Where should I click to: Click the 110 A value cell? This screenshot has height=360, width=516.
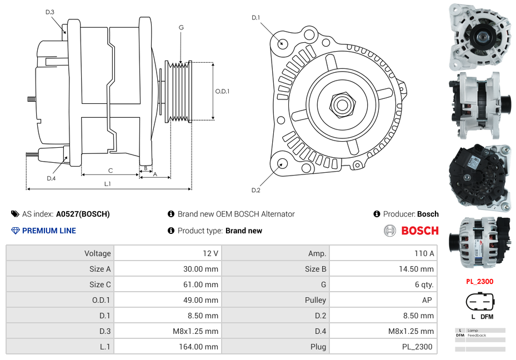(424, 253)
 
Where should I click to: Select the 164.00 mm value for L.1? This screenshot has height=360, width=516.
(203, 347)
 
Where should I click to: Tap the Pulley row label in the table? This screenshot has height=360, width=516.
(315, 300)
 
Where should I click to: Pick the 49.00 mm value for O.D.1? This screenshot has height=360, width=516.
(203, 300)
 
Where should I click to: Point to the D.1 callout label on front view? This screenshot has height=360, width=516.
(256, 18)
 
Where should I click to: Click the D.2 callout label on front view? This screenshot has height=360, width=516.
(256, 191)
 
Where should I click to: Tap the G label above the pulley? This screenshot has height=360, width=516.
(181, 28)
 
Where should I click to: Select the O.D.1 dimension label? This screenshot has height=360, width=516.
(222, 91)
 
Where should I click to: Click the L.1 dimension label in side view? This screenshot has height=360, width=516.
(107, 183)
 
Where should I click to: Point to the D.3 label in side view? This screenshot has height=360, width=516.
(50, 12)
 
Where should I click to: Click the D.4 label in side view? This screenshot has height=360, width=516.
(51, 178)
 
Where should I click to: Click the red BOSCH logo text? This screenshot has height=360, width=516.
(419, 231)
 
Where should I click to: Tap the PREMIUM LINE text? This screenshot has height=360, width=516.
(49, 231)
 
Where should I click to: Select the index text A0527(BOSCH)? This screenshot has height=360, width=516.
(83, 214)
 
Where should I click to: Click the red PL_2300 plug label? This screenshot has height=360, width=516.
(479, 282)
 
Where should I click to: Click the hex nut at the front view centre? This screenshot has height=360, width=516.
(341, 104)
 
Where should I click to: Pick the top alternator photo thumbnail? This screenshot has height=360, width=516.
(479, 36)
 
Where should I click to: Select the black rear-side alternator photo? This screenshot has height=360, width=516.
(479, 177)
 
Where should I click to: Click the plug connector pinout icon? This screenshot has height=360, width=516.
(479, 303)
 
